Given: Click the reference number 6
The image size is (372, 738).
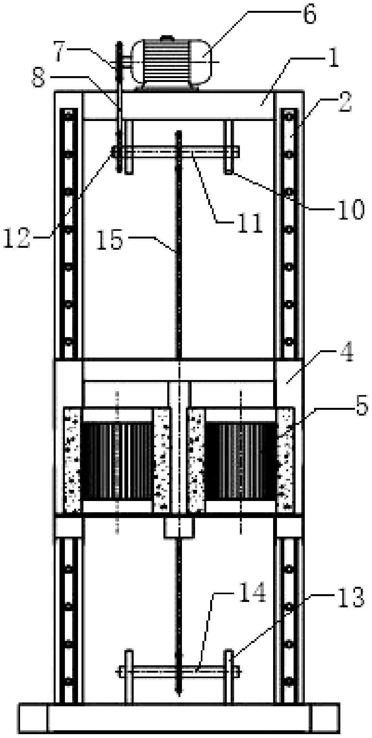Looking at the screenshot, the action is pyautogui.click(x=309, y=15).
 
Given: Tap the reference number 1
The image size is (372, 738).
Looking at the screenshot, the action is pyautogui.click(x=333, y=58).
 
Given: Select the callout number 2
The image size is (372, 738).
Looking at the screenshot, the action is pyautogui.click(x=345, y=102).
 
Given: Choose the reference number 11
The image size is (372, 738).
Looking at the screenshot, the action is pyautogui.click(x=250, y=222).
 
